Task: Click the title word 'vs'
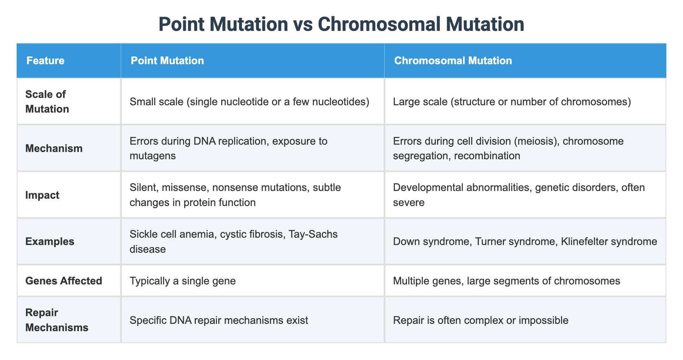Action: click(x=303, y=24)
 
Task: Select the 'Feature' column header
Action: click(x=46, y=61)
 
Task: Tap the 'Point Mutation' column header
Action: click(x=167, y=61)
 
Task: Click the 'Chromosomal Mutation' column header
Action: click(x=453, y=61)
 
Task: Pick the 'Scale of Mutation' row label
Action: click(x=47, y=102)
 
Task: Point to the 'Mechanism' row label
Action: click(x=54, y=148)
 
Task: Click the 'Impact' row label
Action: click(x=42, y=195)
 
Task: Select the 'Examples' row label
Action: click(x=50, y=241)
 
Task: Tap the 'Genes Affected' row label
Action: click(x=63, y=281)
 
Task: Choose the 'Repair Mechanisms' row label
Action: click(x=57, y=320)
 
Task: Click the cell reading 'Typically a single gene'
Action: click(x=183, y=281)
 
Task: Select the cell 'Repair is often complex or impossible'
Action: click(x=481, y=320)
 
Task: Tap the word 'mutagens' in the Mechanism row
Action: click(x=153, y=156)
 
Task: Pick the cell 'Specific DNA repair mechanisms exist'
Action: click(x=219, y=320)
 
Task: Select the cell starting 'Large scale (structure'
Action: click(x=512, y=102)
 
